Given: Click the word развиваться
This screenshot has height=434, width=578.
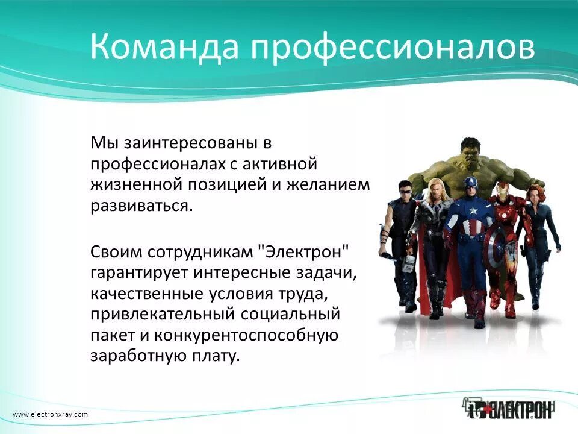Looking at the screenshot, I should [x=142, y=205].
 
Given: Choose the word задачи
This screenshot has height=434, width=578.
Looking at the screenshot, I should [x=328, y=272].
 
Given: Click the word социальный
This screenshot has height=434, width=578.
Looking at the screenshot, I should [x=290, y=313].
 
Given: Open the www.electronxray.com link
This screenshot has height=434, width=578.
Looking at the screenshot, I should [x=50, y=414].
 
